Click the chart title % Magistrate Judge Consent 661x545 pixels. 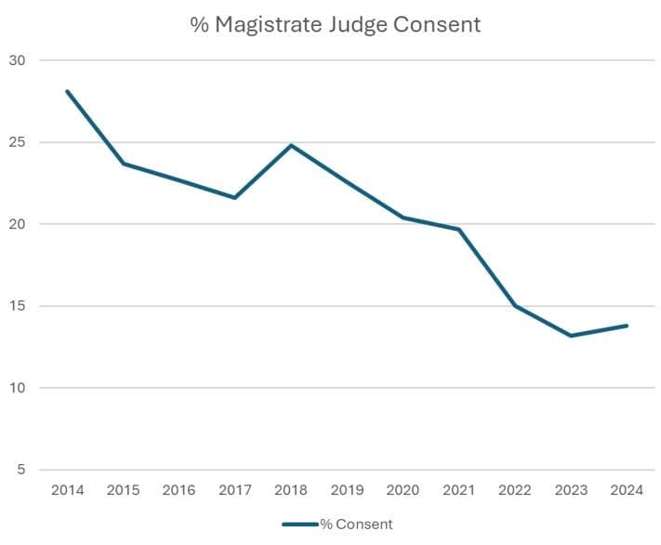(x=336, y=25)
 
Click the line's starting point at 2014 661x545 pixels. (x=68, y=91)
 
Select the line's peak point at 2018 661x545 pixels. (x=291, y=145)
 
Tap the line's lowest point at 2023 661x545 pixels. (x=571, y=335)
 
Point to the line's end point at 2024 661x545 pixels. (x=627, y=326)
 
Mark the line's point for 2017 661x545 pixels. (x=235, y=197)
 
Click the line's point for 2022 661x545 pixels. (x=515, y=305)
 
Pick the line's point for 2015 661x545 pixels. (x=124, y=164)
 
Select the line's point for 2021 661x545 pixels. (x=459, y=229)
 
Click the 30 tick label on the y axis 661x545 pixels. (x=18, y=60)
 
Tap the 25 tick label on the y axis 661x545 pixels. (x=18, y=142)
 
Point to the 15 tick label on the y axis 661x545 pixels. (x=18, y=306)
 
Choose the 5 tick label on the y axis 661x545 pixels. (x=21, y=470)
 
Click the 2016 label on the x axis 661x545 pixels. (x=179, y=490)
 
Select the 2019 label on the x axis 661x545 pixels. (x=347, y=490)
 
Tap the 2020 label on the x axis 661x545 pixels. (x=403, y=490)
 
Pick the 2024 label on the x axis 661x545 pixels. (x=627, y=490)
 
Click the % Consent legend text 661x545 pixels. (x=356, y=525)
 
